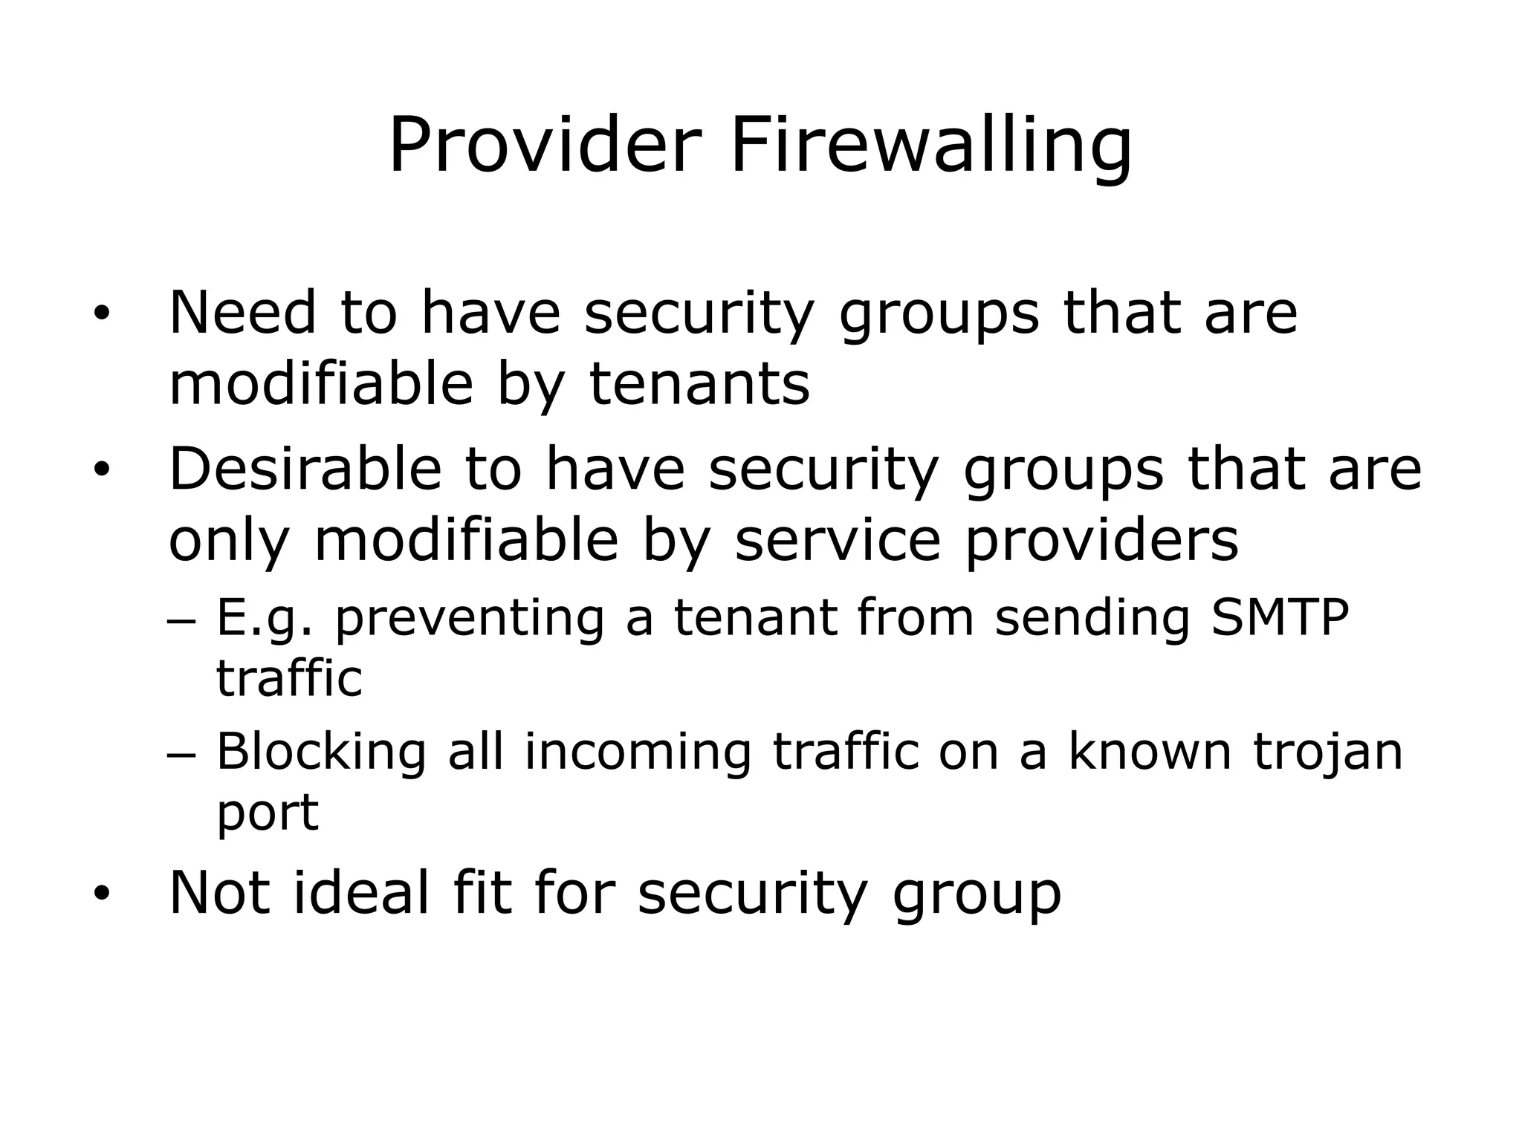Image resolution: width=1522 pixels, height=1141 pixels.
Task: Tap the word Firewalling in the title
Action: pos(930,146)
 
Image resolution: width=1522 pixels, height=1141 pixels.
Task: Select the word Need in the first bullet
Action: pos(243,312)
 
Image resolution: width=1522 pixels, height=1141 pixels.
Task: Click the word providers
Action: pos(1102,541)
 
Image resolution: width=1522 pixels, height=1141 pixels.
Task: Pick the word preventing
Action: pos(470,619)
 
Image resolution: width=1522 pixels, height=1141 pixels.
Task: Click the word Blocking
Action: pos(321,752)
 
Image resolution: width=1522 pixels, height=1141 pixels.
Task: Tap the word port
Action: pos(268,813)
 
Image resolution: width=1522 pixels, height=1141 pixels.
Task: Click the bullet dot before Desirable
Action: pos(101,469)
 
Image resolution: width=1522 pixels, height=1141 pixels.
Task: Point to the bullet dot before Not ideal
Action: pos(101,893)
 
